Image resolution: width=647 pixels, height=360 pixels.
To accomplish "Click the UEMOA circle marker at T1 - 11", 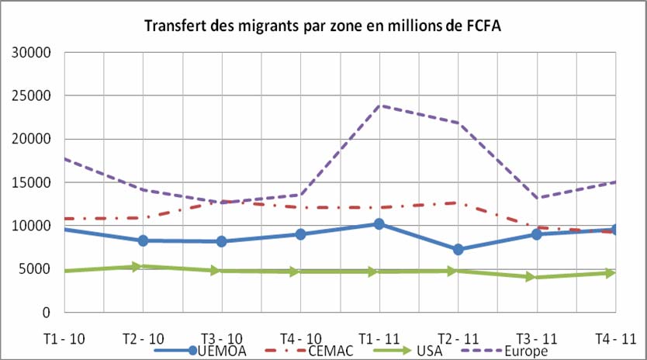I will point(379,224).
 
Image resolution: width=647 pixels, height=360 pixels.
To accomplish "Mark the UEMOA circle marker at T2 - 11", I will point(458,250).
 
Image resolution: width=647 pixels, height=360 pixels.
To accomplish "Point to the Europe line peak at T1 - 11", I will point(379,105).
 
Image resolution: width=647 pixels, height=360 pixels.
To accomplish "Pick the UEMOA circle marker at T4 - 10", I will point(300,234).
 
